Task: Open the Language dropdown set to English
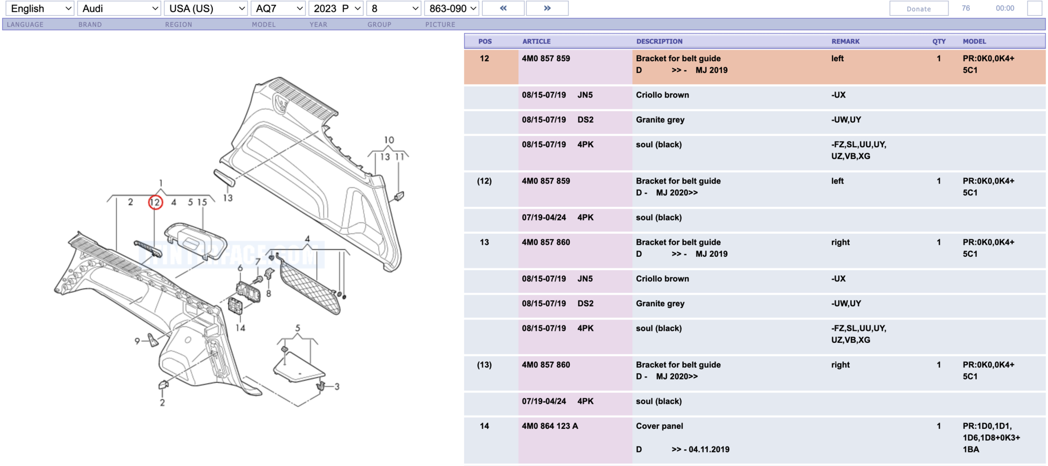point(40,8)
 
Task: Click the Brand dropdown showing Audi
point(120,8)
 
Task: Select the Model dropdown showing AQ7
point(278,8)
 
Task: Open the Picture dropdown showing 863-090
point(452,8)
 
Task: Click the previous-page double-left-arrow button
point(503,8)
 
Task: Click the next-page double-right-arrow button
point(547,8)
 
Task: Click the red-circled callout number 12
point(155,202)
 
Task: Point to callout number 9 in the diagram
point(137,341)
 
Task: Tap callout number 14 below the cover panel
point(240,328)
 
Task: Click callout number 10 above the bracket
point(388,140)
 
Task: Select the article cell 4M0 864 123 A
point(550,426)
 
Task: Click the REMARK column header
point(845,41)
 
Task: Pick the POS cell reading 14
point(484,426)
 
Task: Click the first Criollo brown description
point(662,95)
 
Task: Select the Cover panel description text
point(659,426)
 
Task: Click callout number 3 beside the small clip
point(337,387)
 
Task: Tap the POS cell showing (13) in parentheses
point(484,365)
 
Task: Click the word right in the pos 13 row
point(840,242)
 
